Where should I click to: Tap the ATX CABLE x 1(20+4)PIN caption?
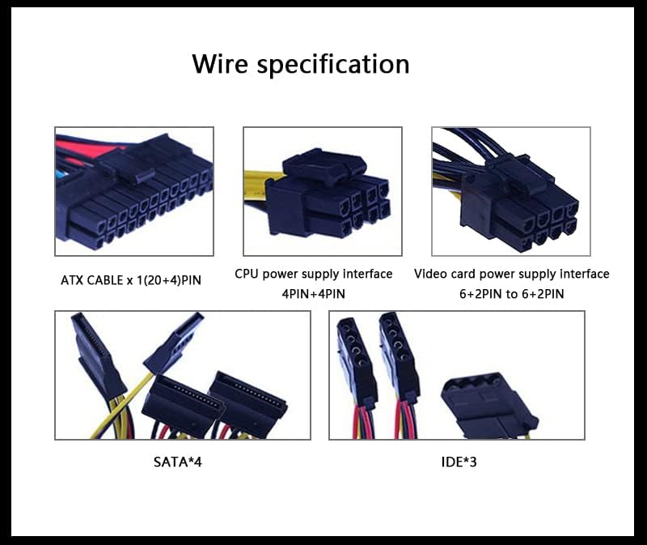click(x=130, y=280)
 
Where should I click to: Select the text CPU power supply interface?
click(x=314, y=274)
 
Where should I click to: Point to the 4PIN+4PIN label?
click(x=314, y=295)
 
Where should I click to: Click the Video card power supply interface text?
click(x=511, y=274)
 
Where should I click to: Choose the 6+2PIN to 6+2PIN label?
click(x=511, y=295)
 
